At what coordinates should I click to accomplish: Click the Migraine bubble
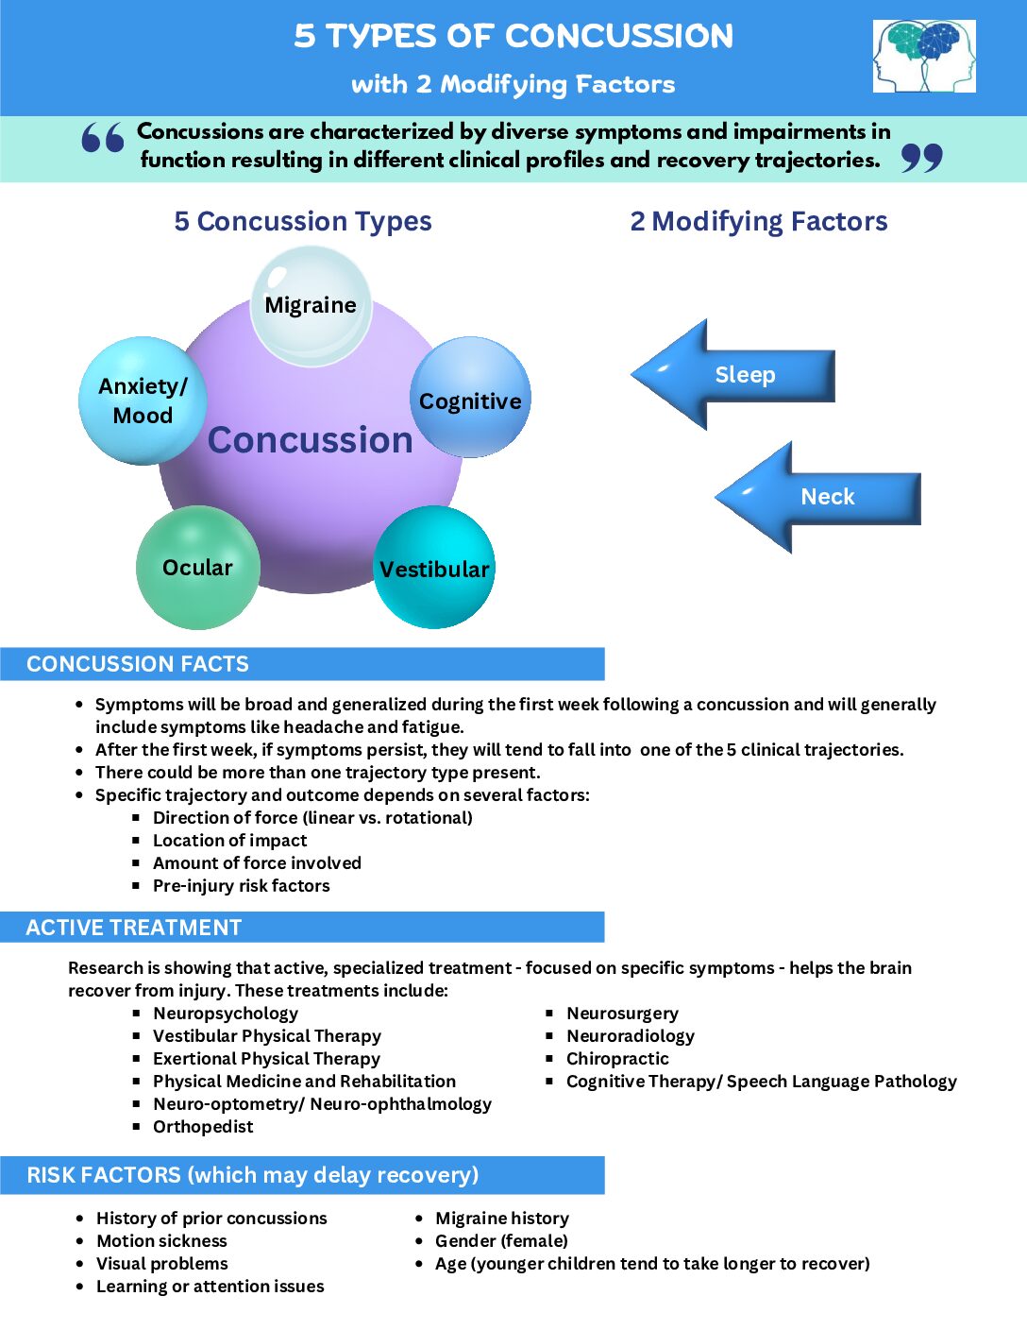[311, 305]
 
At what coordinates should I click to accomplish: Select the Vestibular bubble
[434, 568]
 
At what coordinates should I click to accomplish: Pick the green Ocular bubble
[197, 567]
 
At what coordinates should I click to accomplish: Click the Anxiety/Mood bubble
[143, 401]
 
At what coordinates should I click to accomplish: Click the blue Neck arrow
[817, 497]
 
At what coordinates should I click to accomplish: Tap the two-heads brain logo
[924, 57]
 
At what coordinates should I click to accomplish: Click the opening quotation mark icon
[103, 138]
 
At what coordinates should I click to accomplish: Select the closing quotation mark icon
[921, 158]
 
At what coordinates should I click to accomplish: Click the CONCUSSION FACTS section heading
[138, 664]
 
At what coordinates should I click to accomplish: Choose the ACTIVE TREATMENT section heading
[134, 928]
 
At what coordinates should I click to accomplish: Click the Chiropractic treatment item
[617, 1059]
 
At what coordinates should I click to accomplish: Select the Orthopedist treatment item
[203, 1127]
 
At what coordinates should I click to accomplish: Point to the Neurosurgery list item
[622, 1014]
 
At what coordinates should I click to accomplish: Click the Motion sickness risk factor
[161, 1241]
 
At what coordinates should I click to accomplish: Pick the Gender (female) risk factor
[501, 1241]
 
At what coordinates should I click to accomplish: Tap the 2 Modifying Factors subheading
[759, 221]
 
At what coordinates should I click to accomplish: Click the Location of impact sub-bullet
[229, 841]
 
